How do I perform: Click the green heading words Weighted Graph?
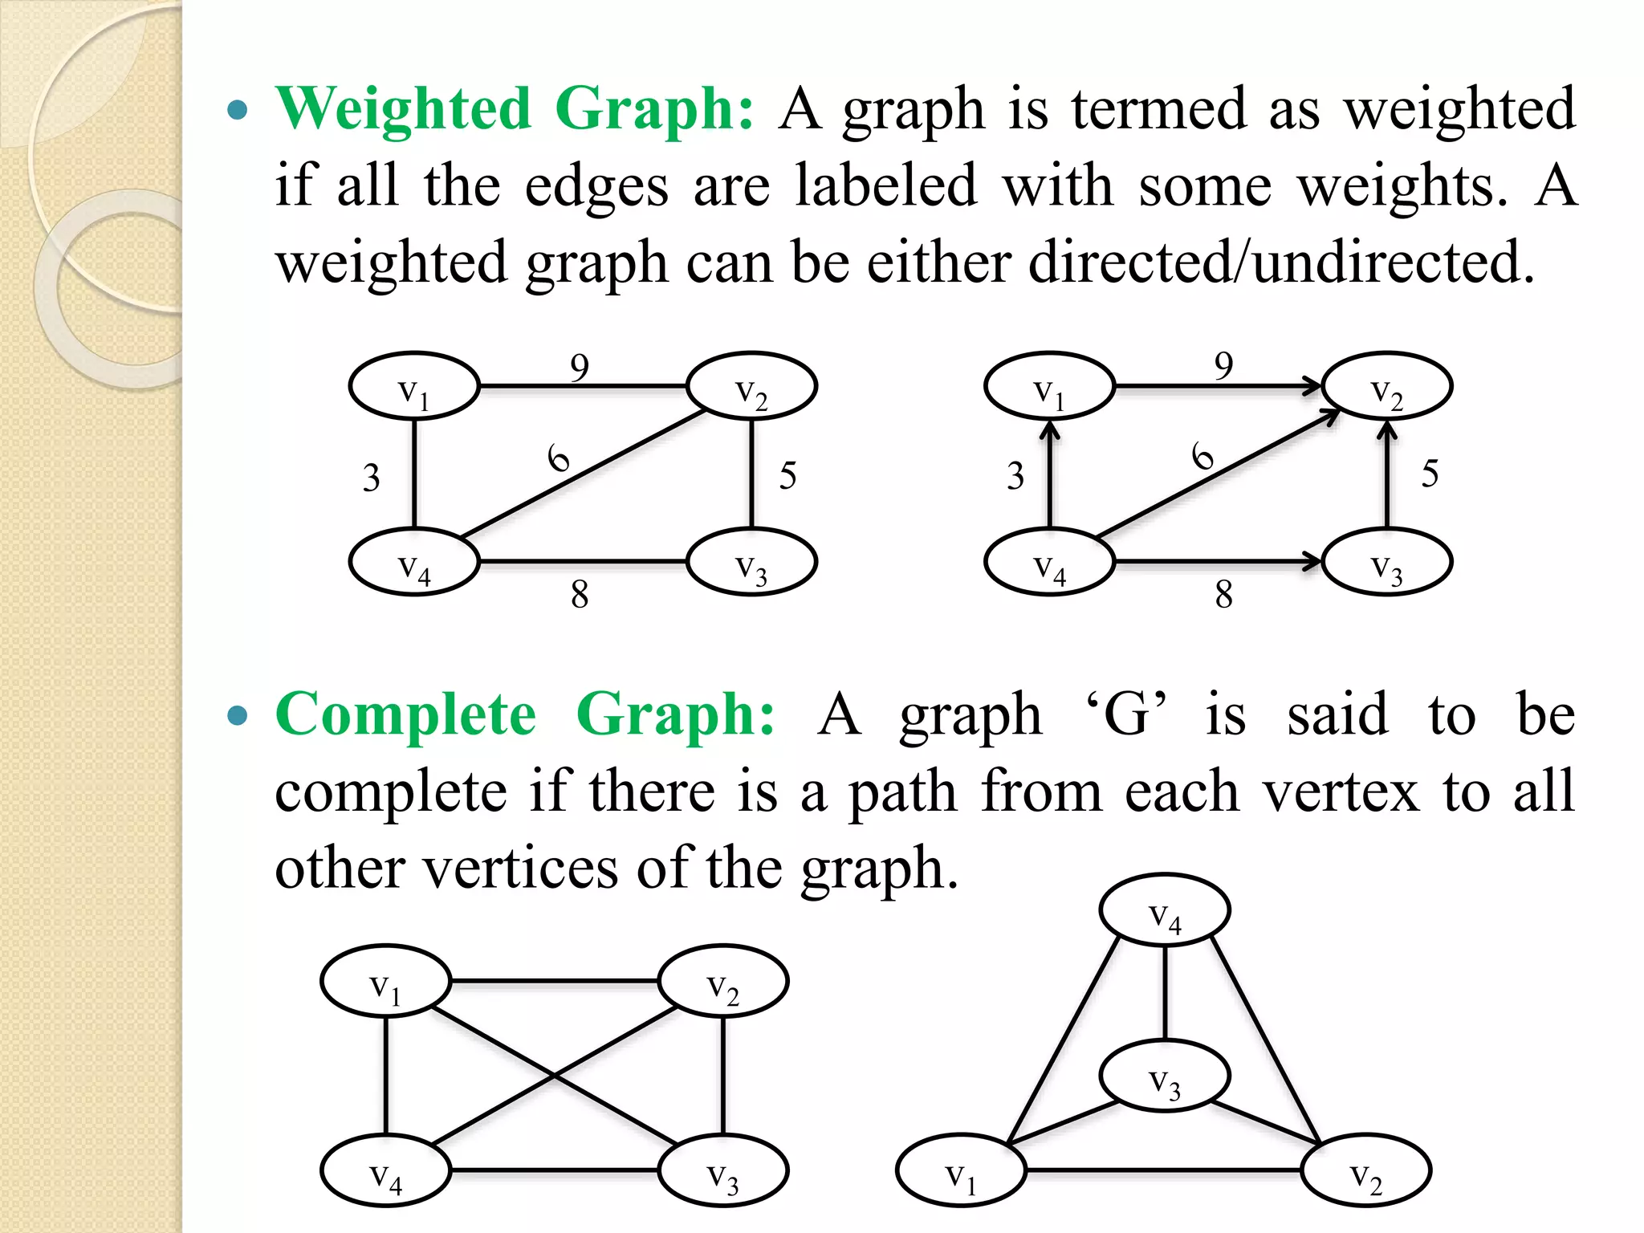click(x=514, y=108)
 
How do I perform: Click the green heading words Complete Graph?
click(x=525, y=714)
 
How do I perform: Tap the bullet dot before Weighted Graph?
click(x=238, y=109)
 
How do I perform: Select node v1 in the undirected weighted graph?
click(x=414, y=386)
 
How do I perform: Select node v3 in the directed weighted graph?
click(x=1387, y=562)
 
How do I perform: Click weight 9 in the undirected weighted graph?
click(x=580, y=368)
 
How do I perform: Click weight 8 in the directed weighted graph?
click(x=1223, y=595)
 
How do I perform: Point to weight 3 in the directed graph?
click(x=1015, y=476)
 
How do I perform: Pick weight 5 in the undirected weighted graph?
click(x=787, y=475)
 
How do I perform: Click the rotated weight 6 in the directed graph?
click(x=1202, y=456)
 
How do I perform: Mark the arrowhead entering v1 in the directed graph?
click(x=1050, y=432)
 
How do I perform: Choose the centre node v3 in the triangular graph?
click(x=1164, y=1076)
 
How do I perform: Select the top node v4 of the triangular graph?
click(x=1164, y=910)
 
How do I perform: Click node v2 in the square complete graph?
click(x=723, y=981)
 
